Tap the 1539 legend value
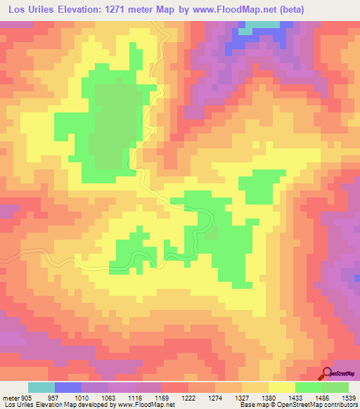click(347, 397)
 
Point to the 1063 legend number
click(109, 397)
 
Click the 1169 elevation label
click(162, 397)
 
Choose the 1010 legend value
click(83, 397)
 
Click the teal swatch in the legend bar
click(41, 387)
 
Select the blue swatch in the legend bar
click(68, 387)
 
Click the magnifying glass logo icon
click(327, 373)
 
